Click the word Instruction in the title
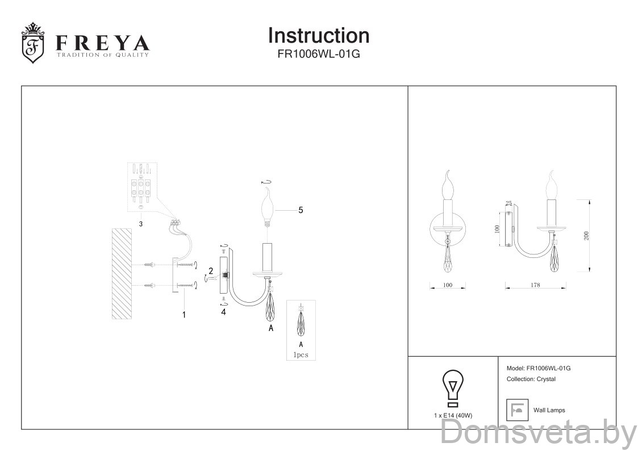click(318, 35)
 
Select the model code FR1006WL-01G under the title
click(318, 55)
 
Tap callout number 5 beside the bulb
click(301, 210)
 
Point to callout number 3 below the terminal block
click(140, 224)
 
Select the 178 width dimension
click(534, 285)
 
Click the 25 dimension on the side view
click(508, 203)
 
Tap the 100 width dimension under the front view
click(447, 285)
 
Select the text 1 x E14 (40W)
click(453, 415)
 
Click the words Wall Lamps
click(549, 410)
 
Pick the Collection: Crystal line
click(530, 379)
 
